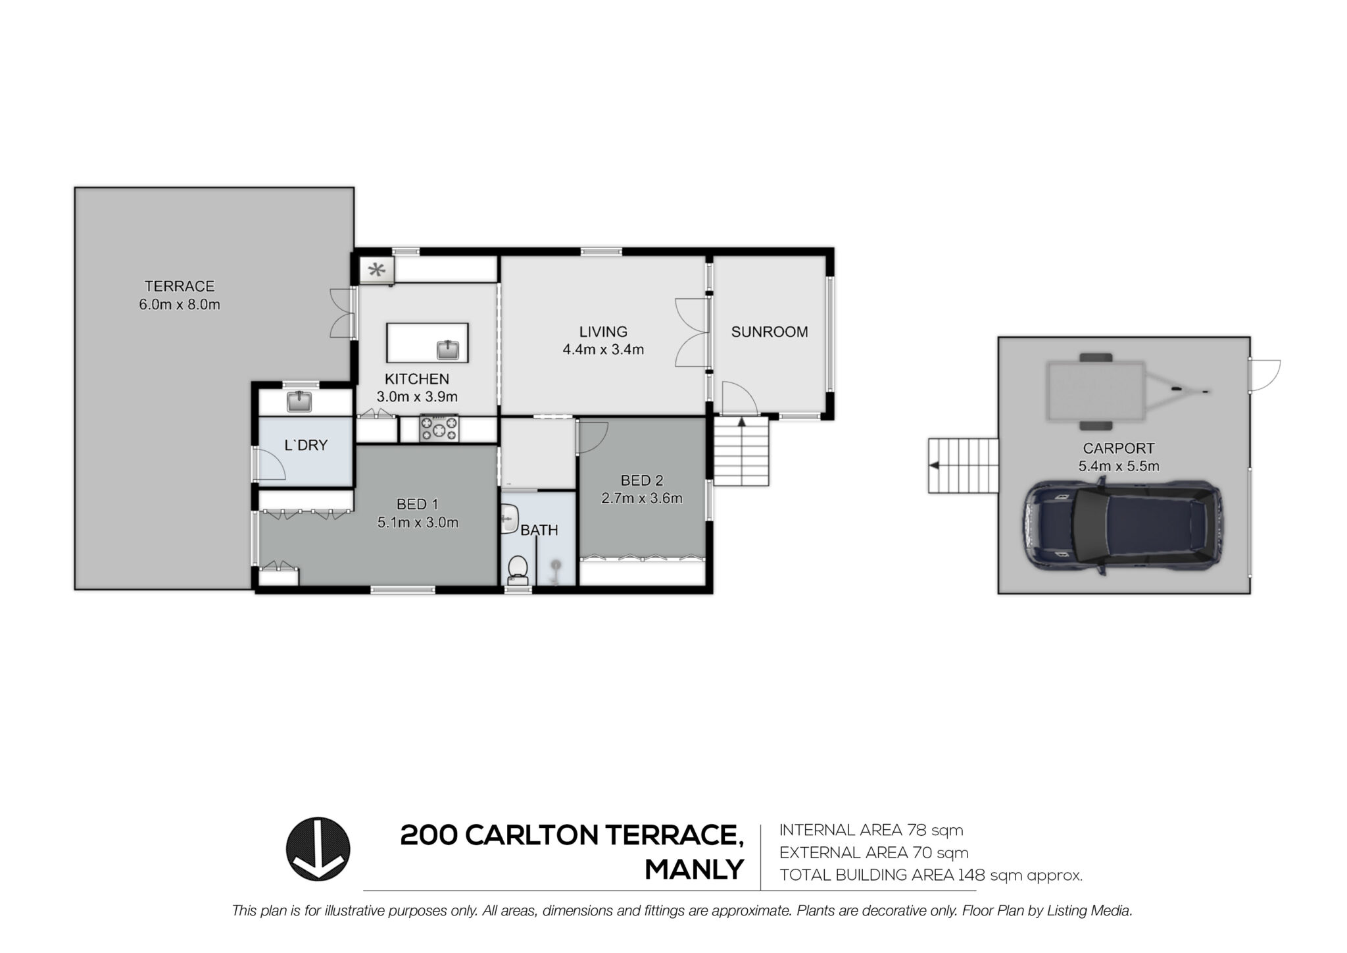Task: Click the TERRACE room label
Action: coord(180,286)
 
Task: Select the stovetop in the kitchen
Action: coord(439,428)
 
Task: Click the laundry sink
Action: coord(300,401)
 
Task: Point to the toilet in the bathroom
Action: coord(518,570)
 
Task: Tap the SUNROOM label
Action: coord(770,332)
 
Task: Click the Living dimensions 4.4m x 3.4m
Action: coord(603,349)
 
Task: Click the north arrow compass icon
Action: coord(318,849)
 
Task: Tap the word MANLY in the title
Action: coord(695,870)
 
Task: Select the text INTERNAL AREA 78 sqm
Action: coord(871,830)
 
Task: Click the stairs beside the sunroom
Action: coord(742,452)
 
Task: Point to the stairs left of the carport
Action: coord(964,466)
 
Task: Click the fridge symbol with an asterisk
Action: coord(377,269)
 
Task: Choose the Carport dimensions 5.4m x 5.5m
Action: coord(1118,466)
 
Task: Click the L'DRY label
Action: coord(306,446)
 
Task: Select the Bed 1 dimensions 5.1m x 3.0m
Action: coord(418,523)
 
